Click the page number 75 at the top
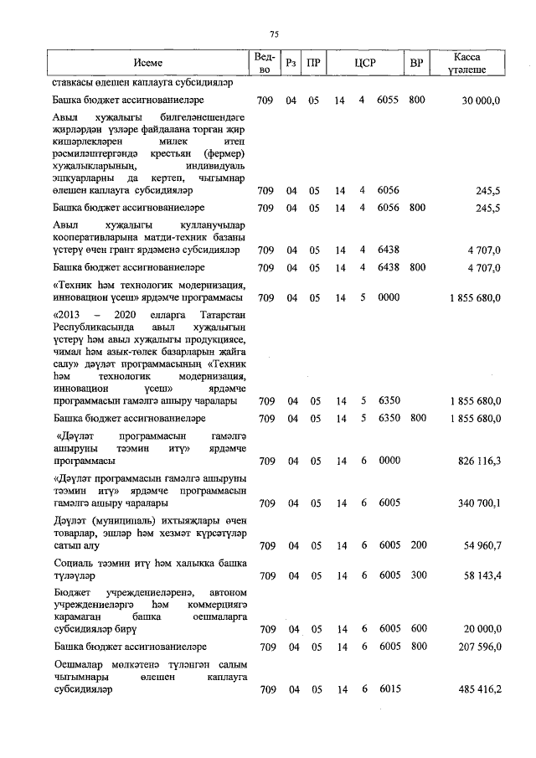point(274,34)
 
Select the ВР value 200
point(417,546)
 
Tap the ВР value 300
point(417,576)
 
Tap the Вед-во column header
point(263,63)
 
